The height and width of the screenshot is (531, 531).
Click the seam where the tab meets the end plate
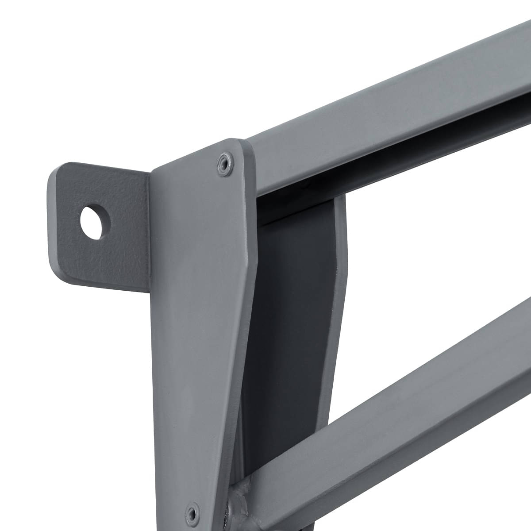[150, 230]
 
